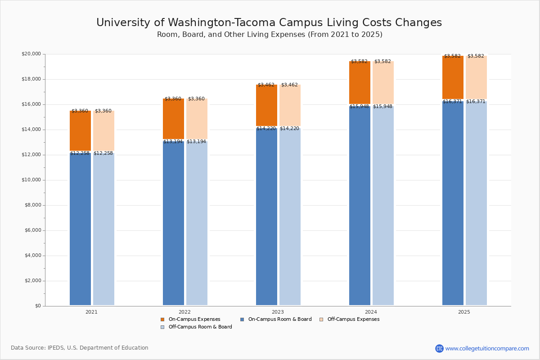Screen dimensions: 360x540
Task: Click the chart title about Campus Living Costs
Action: click(269, 23)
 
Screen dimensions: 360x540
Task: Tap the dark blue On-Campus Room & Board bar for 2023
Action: click(266, 216)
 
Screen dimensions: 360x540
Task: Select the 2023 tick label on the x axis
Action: click(278, 312)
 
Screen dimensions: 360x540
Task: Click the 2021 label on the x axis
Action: click(91, 312)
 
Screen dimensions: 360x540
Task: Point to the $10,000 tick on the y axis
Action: click(31, 180)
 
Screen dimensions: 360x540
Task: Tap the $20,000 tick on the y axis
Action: click(31, 54)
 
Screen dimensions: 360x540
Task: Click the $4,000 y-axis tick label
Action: click(32, 256)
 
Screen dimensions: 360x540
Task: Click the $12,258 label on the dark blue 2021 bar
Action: click(80, 153)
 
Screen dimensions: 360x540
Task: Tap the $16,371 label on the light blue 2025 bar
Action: click(476, 102)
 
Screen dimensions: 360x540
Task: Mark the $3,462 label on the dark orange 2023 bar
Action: click(266, 85)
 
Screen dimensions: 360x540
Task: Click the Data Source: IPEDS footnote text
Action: click(80, 348)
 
